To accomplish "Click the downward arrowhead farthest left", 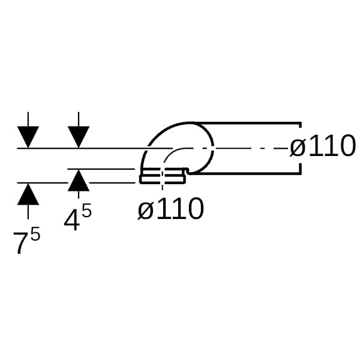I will [28, 137].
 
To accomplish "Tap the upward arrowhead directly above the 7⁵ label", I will [28, 194].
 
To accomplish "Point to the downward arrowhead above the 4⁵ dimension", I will [78, 137].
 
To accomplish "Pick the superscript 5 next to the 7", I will [35, 233].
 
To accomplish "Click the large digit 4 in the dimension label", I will [72, 220].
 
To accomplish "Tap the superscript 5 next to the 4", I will [86, 211].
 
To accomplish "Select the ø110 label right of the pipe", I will [322, 146].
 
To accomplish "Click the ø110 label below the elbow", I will [171, 209].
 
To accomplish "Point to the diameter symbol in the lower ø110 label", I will [145, 209].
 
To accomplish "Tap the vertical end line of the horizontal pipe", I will [299, 148].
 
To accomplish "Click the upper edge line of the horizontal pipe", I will [252, 123].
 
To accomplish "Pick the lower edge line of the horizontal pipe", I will [252, 173].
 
